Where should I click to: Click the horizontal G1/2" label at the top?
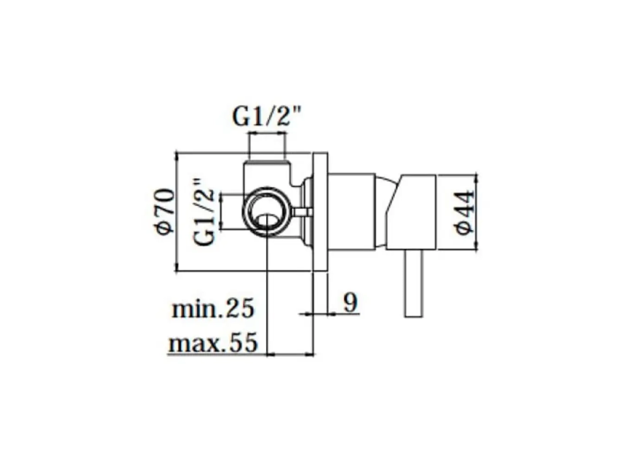pyautogui.click(x=267, y=117)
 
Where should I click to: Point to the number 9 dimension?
pyautogui.click(x=350, y=302)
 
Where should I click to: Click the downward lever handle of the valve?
pyautogui.click(x=414, y=283)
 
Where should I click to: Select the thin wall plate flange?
pyautogui.click(x=320, y=212)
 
